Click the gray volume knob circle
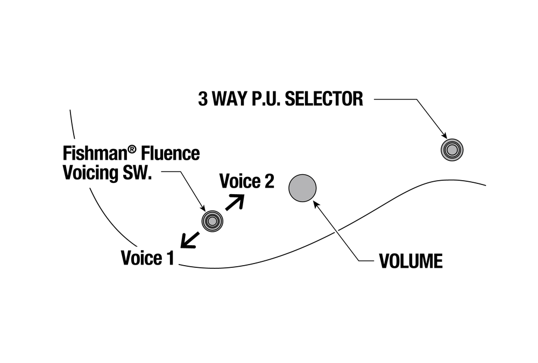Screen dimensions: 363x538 point(303,188)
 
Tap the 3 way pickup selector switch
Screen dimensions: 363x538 point(452,149)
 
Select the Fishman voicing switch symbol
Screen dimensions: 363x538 point(212,220)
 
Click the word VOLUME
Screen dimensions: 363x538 point(410,261)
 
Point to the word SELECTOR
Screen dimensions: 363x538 point(323,99)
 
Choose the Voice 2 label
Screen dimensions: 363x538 point(247,182)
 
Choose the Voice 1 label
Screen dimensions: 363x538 point(147,258)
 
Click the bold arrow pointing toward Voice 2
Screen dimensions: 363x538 point(235,202)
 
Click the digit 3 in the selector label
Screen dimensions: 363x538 point(203,99)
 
